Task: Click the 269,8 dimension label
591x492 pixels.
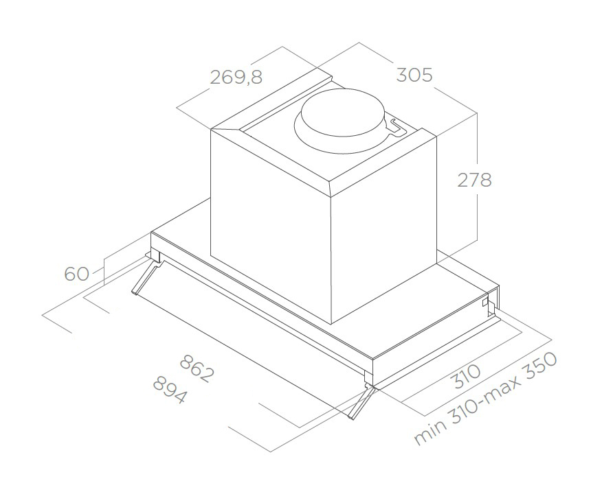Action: click(236, 77)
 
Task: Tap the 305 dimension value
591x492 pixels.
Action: click(414, 75)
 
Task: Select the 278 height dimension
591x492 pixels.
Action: click(475, 180)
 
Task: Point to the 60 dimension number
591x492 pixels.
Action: click(76, 274)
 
